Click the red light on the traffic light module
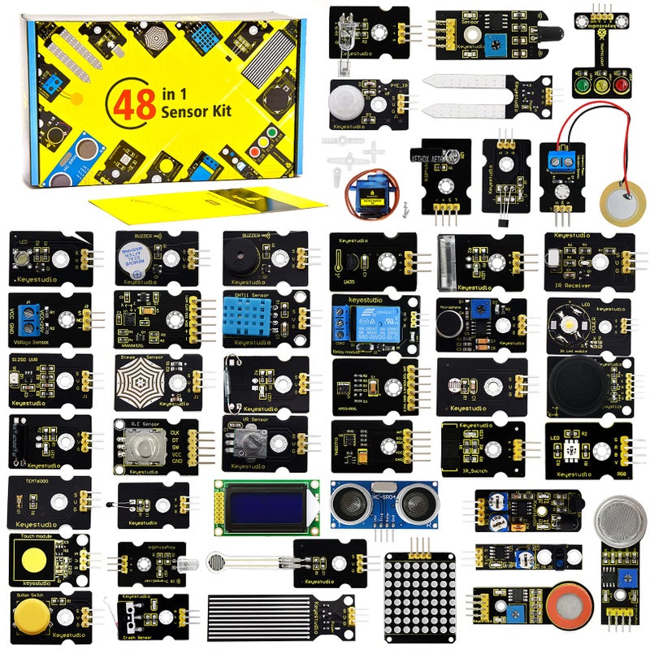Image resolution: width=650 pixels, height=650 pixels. pos(622,84)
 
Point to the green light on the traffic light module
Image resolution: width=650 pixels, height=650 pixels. pos(583,84)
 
